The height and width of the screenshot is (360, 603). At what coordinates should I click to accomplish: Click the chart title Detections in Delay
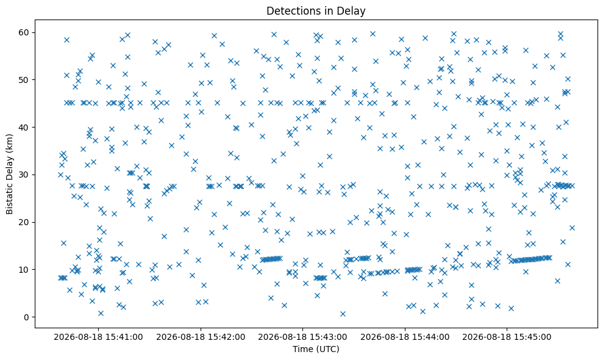point(316,11)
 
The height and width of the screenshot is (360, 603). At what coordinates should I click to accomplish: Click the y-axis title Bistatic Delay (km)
point(9,174)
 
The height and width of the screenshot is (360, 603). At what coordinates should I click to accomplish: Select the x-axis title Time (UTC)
point(316,349)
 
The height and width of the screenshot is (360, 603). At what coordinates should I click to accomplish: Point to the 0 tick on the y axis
point(27,317)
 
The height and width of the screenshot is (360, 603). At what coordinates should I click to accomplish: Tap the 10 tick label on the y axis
point(24,270)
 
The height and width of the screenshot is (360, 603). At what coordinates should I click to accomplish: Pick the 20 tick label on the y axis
point(24,222)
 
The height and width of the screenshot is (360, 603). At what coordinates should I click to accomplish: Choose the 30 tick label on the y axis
point(24,175)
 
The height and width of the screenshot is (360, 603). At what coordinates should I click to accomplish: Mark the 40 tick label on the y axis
point(24,128)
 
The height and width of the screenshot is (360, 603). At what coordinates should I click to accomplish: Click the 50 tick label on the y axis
point(24,80)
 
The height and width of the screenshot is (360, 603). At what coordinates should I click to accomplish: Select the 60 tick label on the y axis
point(24,33)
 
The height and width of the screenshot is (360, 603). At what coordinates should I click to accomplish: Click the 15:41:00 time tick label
point(98,337)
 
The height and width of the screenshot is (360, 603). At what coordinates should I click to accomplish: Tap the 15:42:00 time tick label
point(201,337)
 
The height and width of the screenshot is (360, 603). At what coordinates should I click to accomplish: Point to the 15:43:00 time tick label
point(302,337)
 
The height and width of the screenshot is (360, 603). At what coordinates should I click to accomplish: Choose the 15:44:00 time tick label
point(405,337)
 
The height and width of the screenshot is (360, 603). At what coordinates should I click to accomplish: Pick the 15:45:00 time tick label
point(507,337)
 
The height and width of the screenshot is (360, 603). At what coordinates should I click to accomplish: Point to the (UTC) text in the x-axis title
point(327,349)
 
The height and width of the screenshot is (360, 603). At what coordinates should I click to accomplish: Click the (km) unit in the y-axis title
point(9,142)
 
